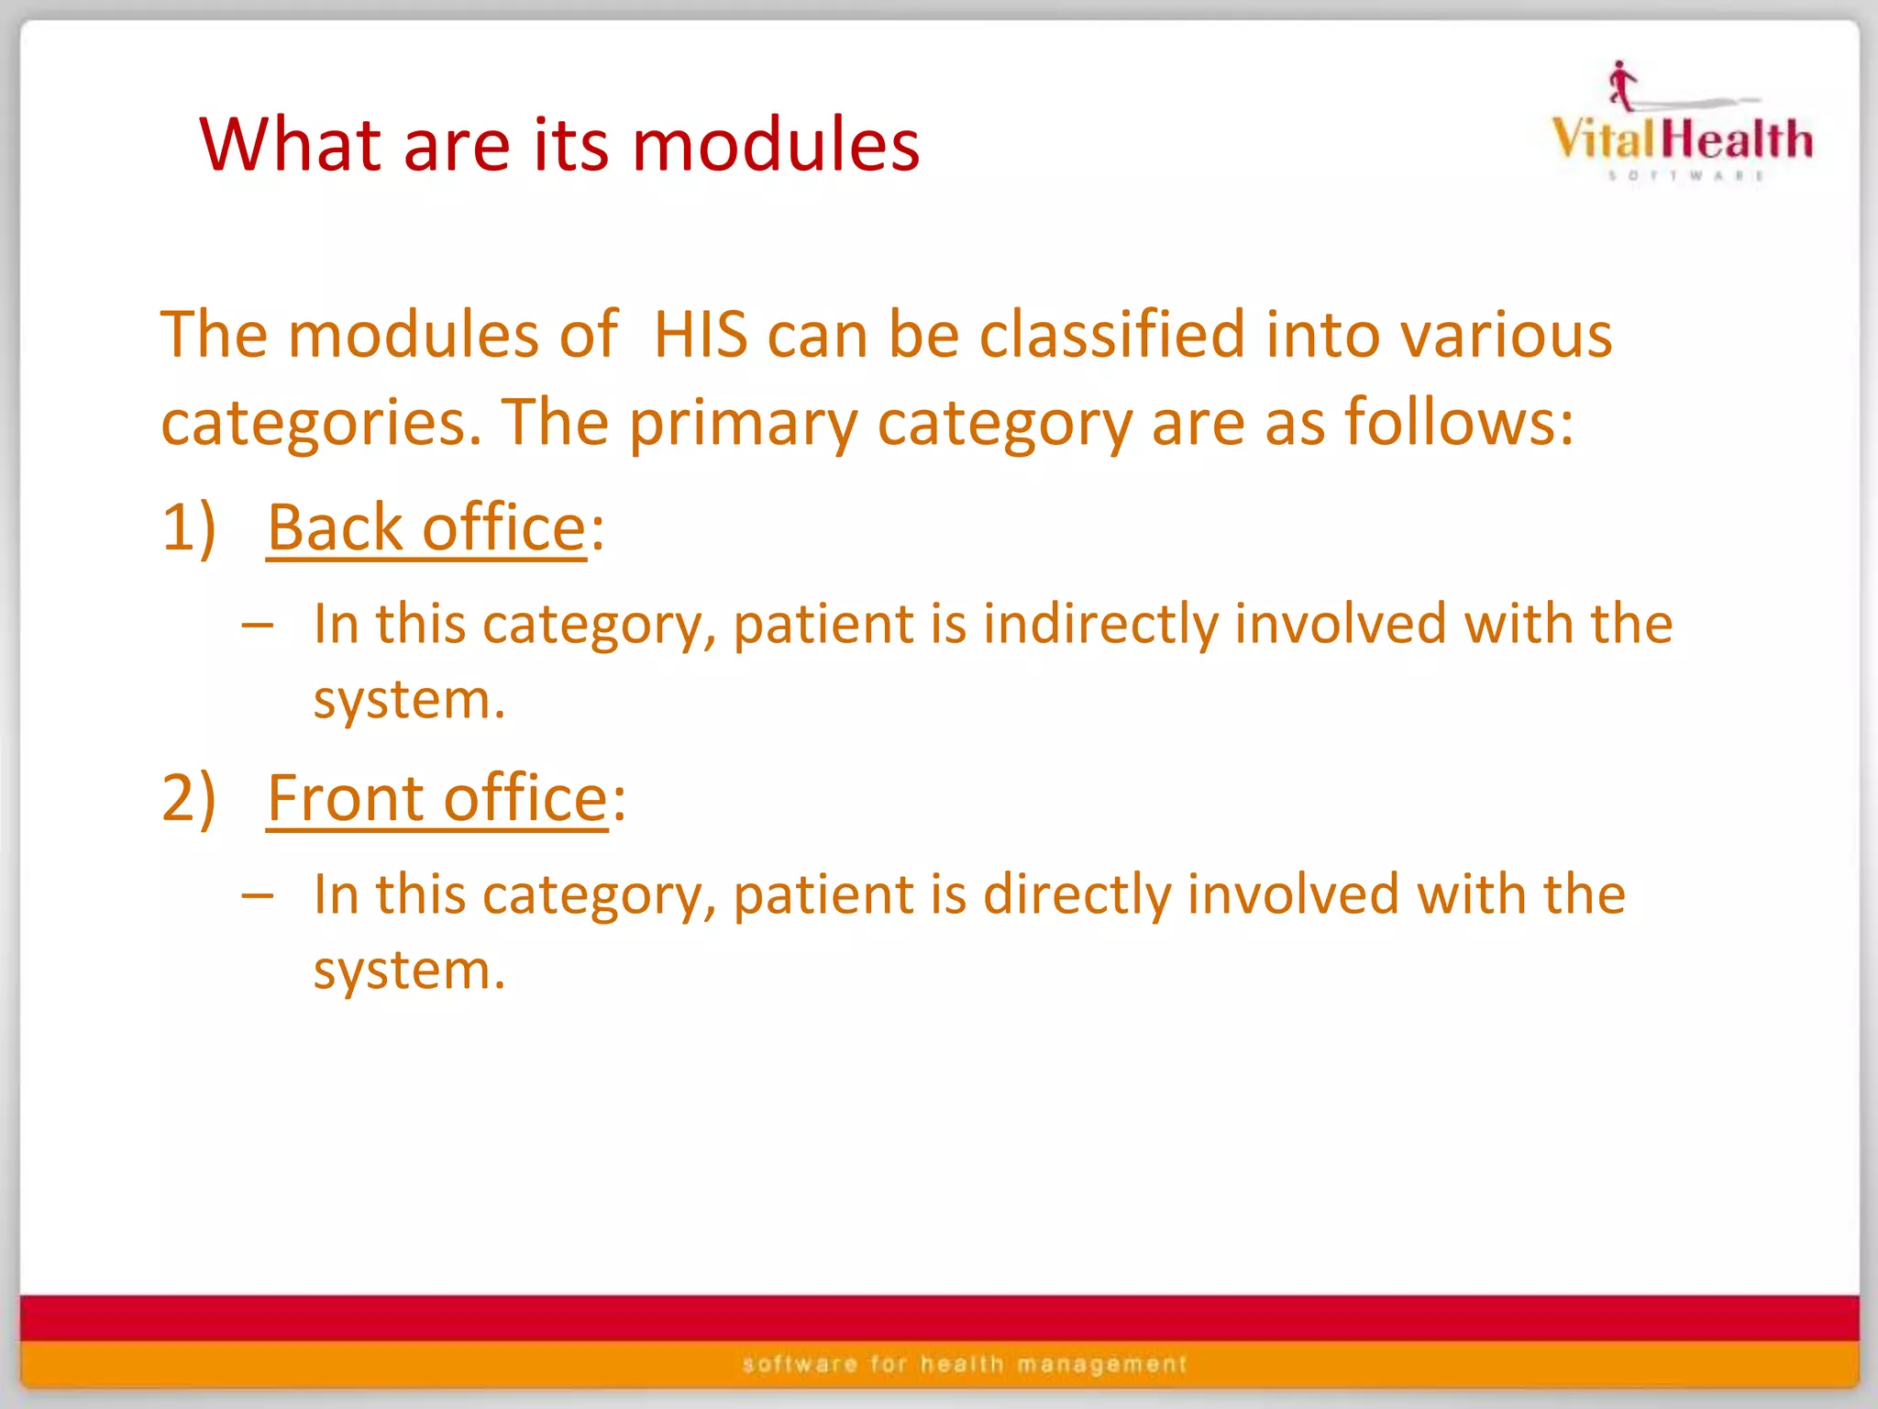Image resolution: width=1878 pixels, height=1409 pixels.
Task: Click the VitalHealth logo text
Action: click(1682, 139)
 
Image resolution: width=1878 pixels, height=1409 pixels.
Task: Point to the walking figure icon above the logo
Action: click(1621, 84)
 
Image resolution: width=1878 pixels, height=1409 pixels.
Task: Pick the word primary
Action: click(743, 424)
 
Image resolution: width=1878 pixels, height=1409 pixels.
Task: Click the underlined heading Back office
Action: click(426, 529)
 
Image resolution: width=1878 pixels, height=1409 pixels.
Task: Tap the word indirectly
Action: click(1100, 624)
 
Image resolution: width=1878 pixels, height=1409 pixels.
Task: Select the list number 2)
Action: click(189, 797)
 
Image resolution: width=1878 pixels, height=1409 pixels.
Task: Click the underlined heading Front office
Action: click(437, 799)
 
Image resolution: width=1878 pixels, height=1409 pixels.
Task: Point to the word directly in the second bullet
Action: click(1077, 894)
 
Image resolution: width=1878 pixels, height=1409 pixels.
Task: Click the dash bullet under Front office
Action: click(258, 895)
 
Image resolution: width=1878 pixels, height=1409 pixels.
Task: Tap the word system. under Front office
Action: click(409, 971)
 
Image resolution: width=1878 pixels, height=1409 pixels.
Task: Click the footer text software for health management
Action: click(965, 1364)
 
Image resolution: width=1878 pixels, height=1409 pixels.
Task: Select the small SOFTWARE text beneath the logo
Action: click(1685, 175)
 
